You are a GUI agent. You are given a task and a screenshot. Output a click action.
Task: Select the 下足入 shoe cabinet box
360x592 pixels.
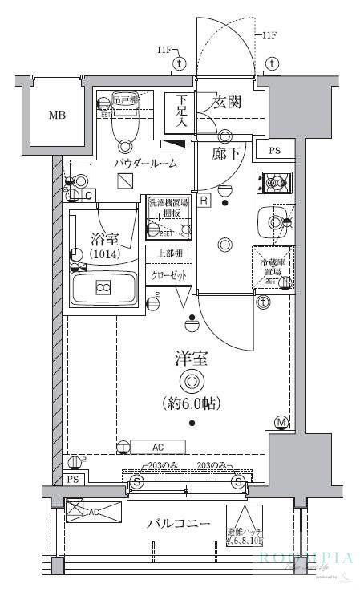176,112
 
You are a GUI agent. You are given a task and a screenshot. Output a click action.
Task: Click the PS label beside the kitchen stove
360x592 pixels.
274,151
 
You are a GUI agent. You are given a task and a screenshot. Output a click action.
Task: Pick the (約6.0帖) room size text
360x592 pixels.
192,403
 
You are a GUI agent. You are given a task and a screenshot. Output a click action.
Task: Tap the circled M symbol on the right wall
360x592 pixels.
281,422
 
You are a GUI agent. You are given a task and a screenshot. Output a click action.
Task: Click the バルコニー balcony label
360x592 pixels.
178,524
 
